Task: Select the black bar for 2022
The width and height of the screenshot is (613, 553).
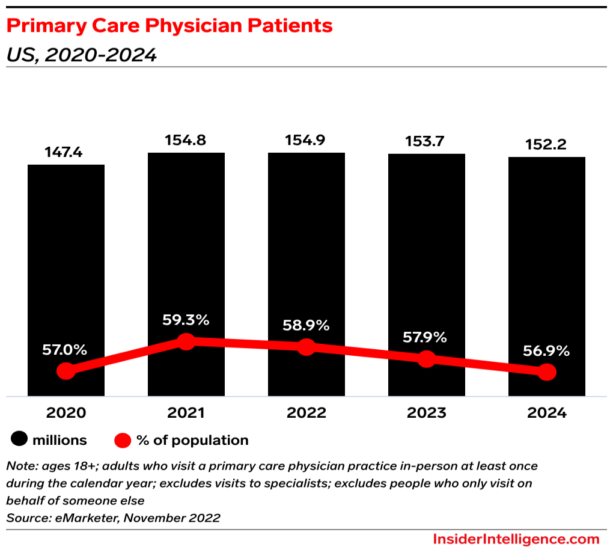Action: coord(306,246)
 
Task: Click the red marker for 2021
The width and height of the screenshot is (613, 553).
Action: coord(186,341)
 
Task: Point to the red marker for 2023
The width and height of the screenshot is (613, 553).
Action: coord(426,359)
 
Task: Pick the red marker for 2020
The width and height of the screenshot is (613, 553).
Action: coord(66,371)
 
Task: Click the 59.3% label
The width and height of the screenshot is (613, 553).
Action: coord(186,320)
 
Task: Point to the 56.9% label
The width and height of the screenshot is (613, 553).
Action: coord(546,351)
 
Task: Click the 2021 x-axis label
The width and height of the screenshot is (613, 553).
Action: coord(186,413)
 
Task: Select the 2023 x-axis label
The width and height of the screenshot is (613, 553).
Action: coord(426,413)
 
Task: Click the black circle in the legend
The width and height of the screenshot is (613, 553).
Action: coord(19,440)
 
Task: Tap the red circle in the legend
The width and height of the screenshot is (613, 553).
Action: coord(123,440)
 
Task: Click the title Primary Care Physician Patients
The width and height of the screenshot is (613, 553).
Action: coord(169,26)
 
